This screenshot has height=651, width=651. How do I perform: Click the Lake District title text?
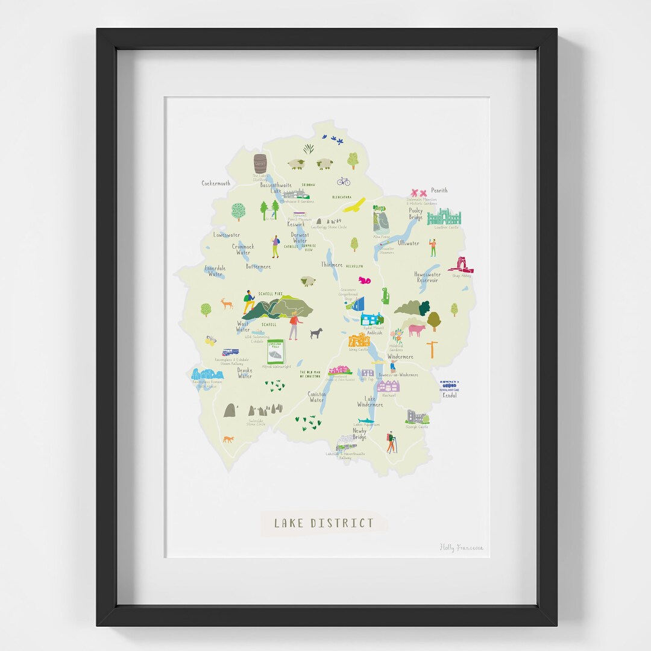pyautogui.click(x=324, y=523)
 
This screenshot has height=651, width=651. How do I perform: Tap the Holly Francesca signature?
pyautogui.click(x=461, y=547)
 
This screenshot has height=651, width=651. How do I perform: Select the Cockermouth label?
pyautogui.click(x=216, y=183)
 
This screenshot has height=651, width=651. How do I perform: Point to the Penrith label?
pyautogui.click(x=439, y=190)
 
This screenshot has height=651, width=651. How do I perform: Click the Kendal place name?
pyautogui.click(x=450, y=395)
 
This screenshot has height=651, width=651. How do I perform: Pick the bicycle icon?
pyautogui.click(x=344, y=181)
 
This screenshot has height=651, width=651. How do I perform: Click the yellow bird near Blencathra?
pyautogui.click(x=356, y=205)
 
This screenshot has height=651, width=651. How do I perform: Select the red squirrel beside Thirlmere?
pyautogui.click(x=363, y=280)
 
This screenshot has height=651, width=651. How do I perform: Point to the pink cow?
pyautogui.click(x=417, y=329)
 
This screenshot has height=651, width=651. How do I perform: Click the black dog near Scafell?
pyautogui.click(x=316, y=333)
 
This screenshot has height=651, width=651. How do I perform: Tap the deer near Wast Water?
pyautogui.click(x=227, y=303)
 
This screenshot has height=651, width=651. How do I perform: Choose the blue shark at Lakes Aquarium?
pyautogui.click(x=366, y=421)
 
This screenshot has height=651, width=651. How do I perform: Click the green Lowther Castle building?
pyautogui.click(x=444, y=217)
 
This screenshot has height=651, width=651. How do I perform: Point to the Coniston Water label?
pyautogui.click(x=316, y=397)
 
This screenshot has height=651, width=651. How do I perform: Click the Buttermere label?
pyautogui.click(x=258, y=266)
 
